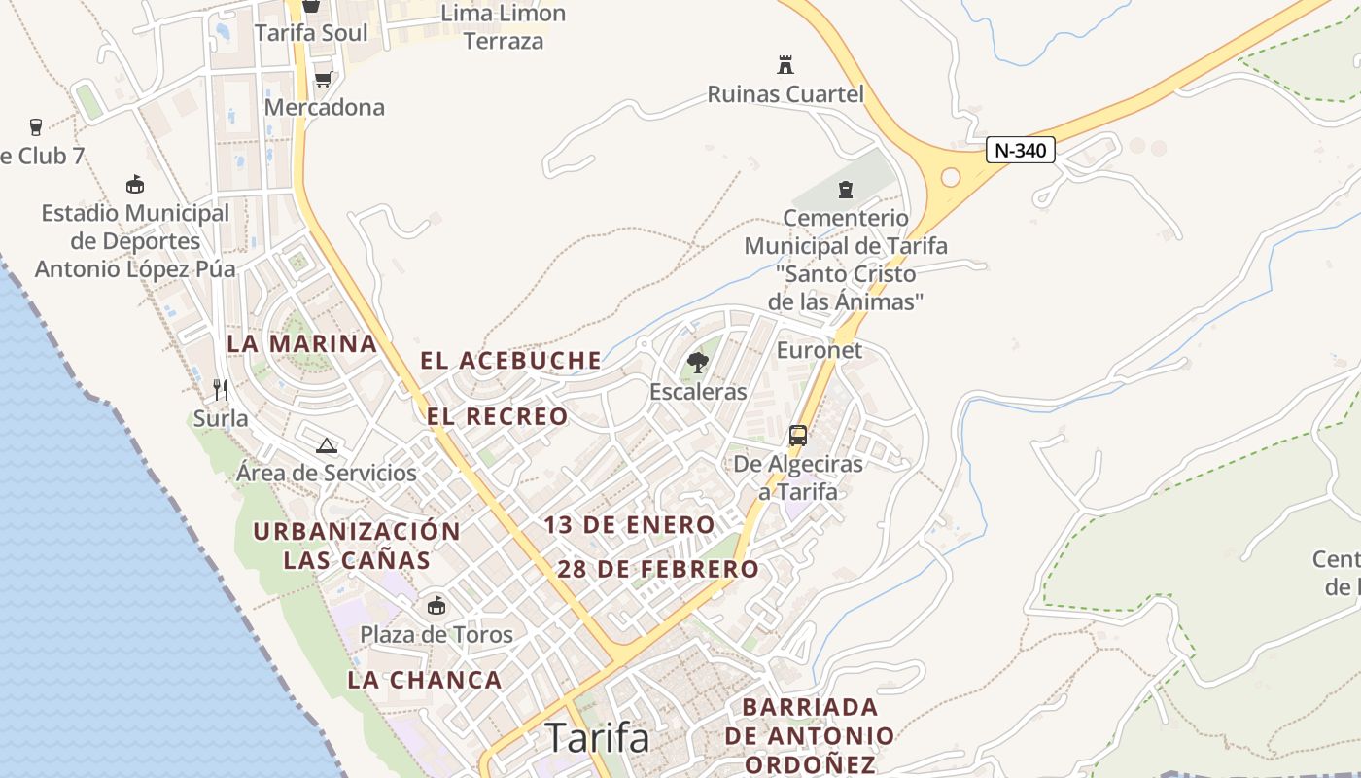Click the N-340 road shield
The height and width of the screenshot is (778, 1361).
[1020, 150]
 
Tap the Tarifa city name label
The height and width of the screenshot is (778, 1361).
[597, 737]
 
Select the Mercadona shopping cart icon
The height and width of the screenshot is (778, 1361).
[323, 79]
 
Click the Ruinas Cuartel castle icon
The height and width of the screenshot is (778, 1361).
[785, 65]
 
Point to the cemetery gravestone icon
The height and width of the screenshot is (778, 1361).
[845, 189]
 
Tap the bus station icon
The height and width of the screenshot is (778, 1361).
[798, 436]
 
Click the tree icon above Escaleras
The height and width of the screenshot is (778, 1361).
[697, 364]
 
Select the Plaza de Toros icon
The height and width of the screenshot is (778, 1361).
[436, 606]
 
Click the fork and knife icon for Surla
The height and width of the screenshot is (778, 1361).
[221, 390]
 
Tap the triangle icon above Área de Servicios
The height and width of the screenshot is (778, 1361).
[327, 445]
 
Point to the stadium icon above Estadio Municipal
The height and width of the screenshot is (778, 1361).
[135, 184]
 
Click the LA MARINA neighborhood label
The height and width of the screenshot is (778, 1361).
[301, 343]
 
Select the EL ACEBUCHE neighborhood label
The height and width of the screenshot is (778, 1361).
[510, 361]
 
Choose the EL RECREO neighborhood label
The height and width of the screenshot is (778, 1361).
[497, 416]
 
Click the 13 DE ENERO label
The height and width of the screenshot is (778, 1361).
[629, 525]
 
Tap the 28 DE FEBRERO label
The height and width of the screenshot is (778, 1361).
[657, 569]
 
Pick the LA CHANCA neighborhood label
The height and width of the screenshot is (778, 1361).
[425, 680]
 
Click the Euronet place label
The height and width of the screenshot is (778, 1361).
[819, 350]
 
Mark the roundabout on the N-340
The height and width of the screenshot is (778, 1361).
[951, 177]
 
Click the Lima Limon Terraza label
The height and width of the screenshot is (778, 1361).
[503, 27]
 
